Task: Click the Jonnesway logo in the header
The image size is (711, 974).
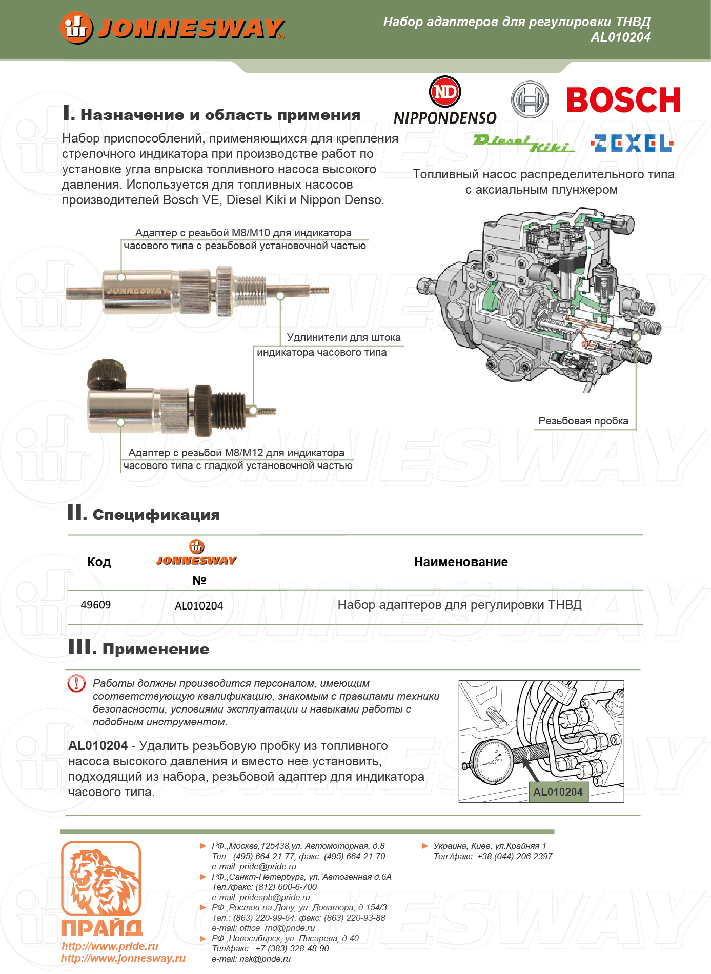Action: (172, 28)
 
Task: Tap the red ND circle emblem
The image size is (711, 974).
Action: (445, 92)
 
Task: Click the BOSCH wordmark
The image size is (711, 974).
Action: (623, 99)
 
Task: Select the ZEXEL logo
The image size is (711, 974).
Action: (632, 144)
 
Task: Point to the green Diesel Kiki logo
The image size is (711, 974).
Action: (523, 144)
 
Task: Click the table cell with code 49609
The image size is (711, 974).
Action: (96, 605)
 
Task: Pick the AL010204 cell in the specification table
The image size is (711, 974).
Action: (199, 606)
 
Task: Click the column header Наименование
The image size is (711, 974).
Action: (461, 562)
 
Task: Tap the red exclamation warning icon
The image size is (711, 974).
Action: (77, 683)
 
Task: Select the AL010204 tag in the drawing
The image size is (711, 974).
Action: (558, 792)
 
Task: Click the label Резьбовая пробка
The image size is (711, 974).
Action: (583, 421)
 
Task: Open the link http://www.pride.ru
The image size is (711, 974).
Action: (110, 946)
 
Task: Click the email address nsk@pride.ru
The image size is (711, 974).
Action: (265, 959)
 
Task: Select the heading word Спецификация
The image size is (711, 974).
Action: (156, 515)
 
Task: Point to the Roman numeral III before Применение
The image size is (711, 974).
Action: (82, 647)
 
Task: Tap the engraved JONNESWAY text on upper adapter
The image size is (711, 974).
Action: (137, 291)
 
